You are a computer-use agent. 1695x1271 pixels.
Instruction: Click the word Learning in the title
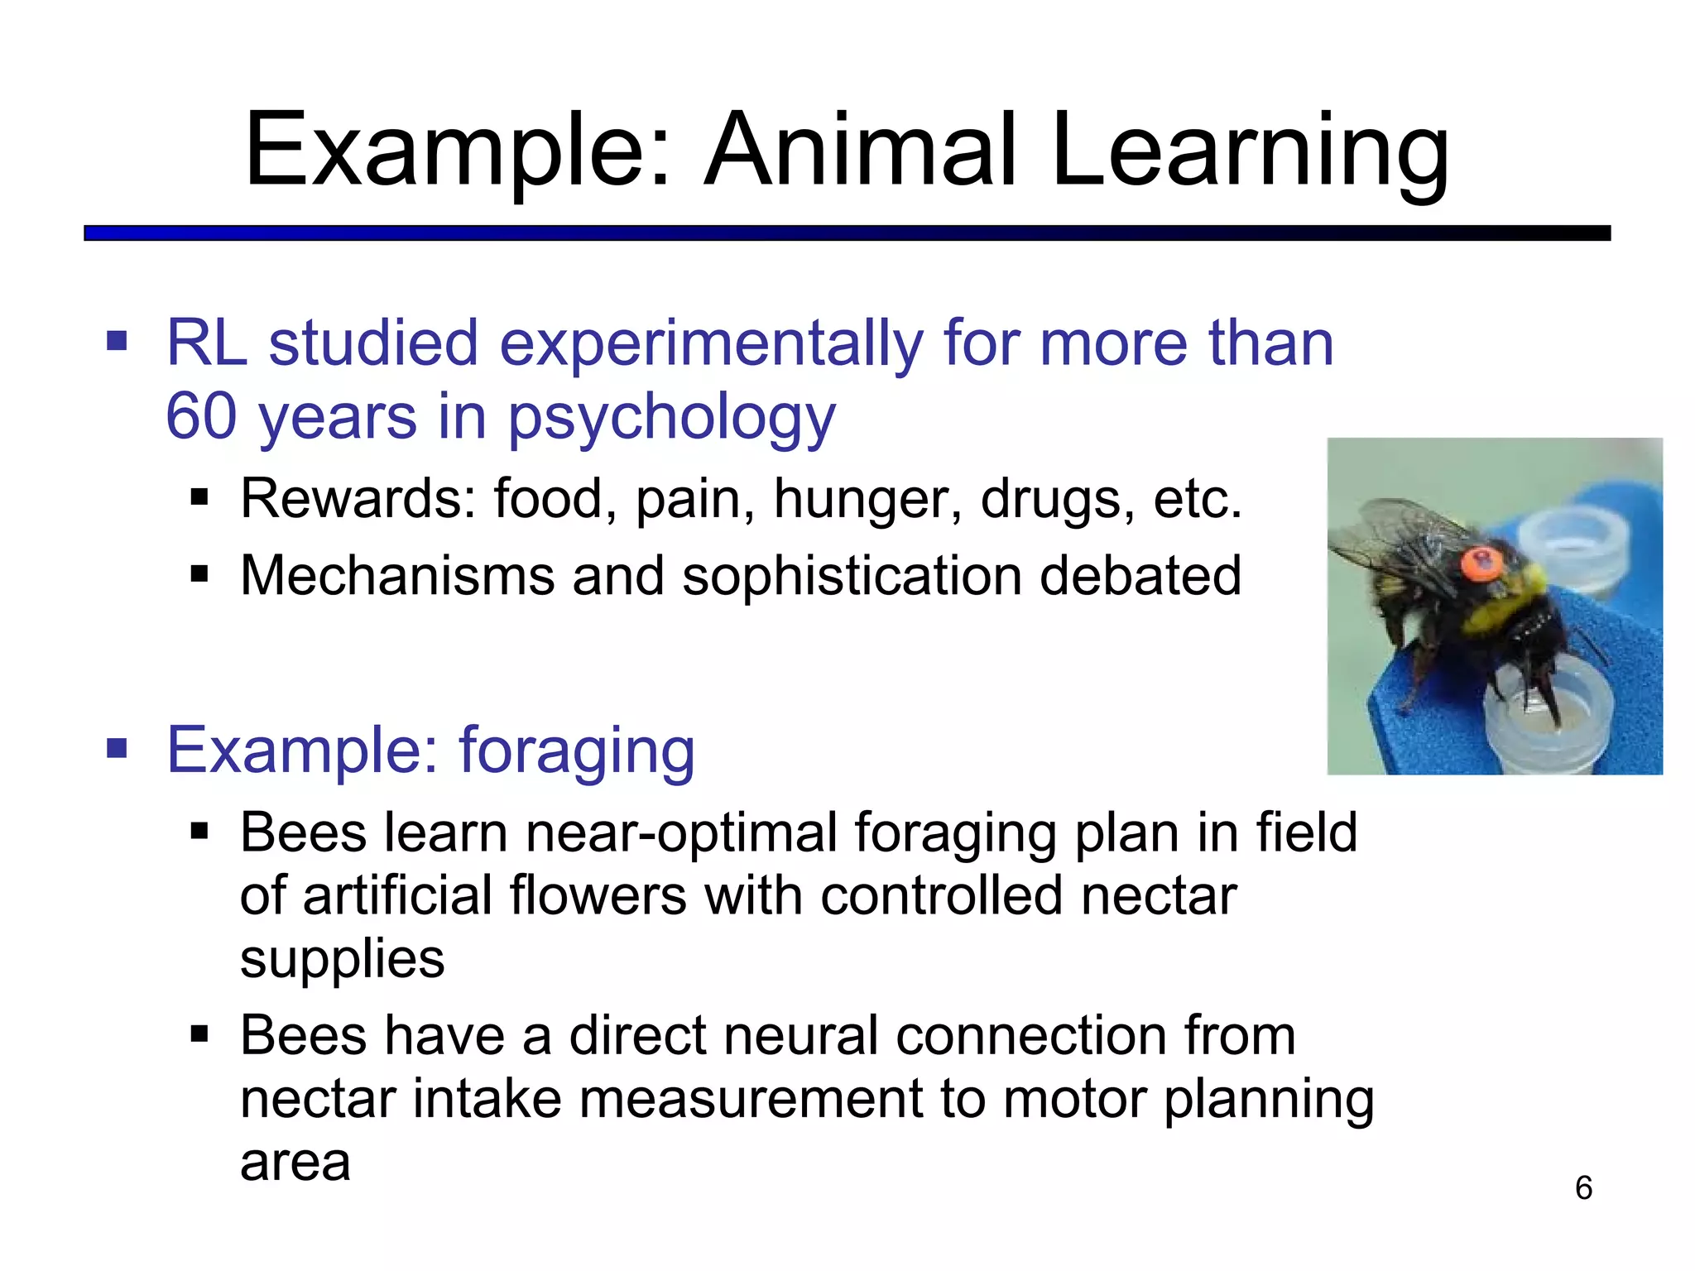coord(1250,153)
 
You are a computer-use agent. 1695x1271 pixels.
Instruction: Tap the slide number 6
coord(1583,1188)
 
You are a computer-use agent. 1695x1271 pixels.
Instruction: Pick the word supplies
coord(342,960)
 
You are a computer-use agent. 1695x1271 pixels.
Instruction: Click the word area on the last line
coord(295,1163)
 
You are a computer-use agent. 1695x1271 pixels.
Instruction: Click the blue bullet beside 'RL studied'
coord(117,341)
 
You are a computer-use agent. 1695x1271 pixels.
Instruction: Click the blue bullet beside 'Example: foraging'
coord(117,749)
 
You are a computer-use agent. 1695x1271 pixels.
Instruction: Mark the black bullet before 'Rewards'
coord(199,498)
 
